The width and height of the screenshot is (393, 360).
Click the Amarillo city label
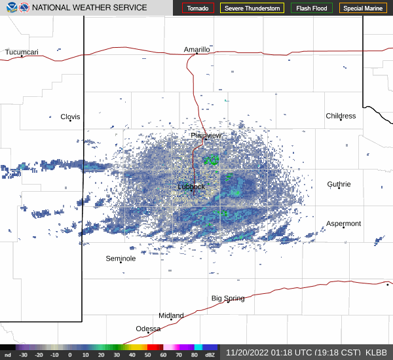pyautogui.click(x=196, y=49)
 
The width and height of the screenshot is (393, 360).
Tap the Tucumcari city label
pyautogui.click(x=22, y=52)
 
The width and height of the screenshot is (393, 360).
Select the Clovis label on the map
pyautogui.click(x=70, y=117)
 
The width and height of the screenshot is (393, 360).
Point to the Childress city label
pyautogui.click(x=341, y=116)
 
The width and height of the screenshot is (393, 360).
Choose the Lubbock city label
pyautogui.click(x=191, y=187)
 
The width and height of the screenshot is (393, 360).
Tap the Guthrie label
pyautogui.click(x=339, y=185)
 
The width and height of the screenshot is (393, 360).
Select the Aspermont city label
pyautogui.click(x=343, y=224)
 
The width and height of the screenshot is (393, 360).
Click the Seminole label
pyautogui.click(x=121, y=259)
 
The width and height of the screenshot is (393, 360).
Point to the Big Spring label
pyautogui.click(x=228, y=298)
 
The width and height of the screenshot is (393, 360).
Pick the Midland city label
pyautogui.click(x=171, y=315)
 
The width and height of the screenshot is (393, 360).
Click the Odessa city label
pyautogui.click(x=148, y=329)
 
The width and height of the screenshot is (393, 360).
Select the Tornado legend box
pyautogui.click(x=198, y=8)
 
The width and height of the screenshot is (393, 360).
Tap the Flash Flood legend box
pyautogui.click(x=312, y=8)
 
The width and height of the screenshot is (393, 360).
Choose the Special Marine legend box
pyautogui.click(x=363, y=8)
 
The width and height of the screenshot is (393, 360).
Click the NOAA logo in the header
pyautogui.click(x=9, y=8)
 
